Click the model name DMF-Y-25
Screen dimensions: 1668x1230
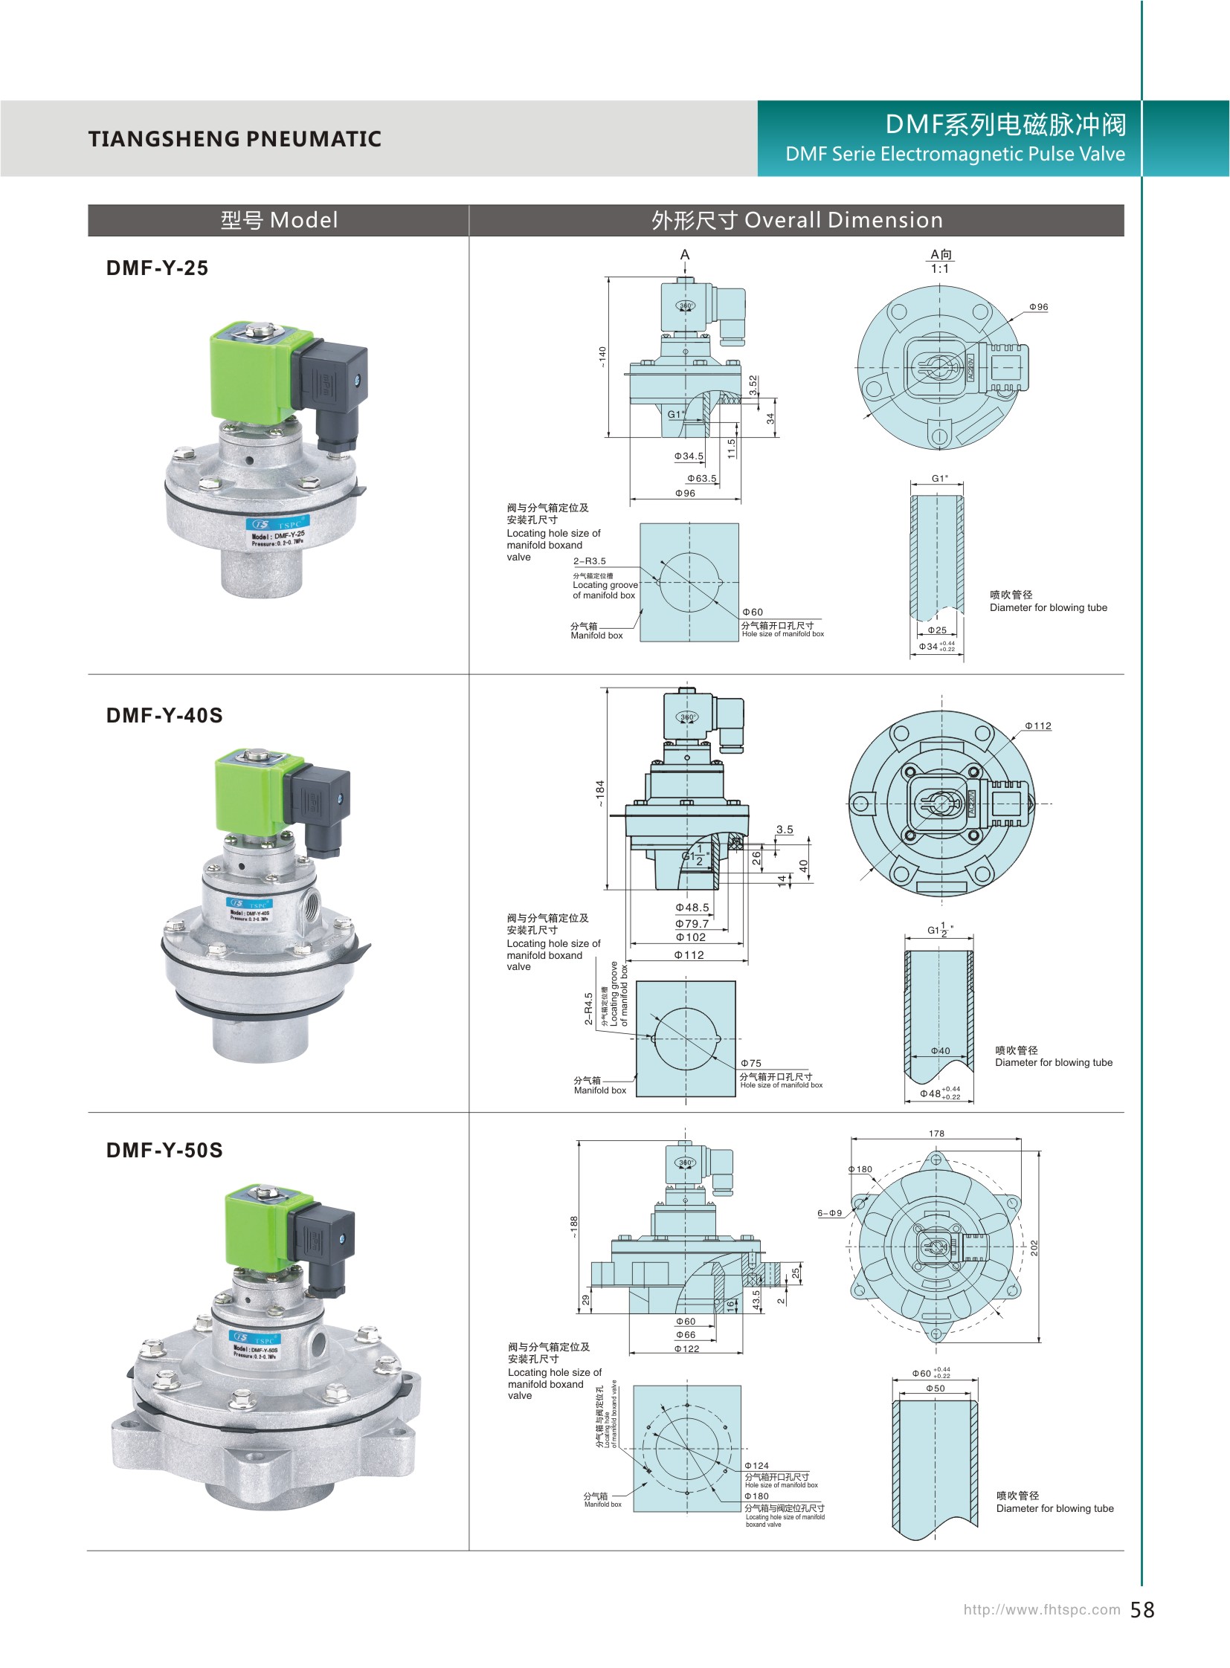[157, 268]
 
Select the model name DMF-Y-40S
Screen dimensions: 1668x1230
[164, 715]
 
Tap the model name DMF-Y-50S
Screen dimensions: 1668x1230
[164, 1150]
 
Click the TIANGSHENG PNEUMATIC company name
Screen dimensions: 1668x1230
[234, 139]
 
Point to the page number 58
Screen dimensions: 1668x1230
[1142, 1610]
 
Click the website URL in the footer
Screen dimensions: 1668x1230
[1041, 1609]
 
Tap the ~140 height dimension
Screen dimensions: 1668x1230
[602, 357]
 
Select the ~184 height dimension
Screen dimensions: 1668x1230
[600, 792]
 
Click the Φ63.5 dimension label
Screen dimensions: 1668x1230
[701, 479]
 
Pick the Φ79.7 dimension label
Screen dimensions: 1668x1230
[692, 924]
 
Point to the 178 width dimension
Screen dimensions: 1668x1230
[936, 1134]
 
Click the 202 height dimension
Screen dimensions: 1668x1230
[1034, 1248]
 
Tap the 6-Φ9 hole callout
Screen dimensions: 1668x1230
[829, 1213]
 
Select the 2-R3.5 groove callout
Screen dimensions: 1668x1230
[589, 561]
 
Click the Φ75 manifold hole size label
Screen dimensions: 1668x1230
[750, 1064]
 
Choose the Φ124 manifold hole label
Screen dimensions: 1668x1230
[756, 1466]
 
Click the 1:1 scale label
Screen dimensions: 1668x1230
[940, 268]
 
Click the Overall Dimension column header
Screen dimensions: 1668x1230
[796, 220]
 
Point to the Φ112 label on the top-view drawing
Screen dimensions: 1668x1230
[1038, 725]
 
